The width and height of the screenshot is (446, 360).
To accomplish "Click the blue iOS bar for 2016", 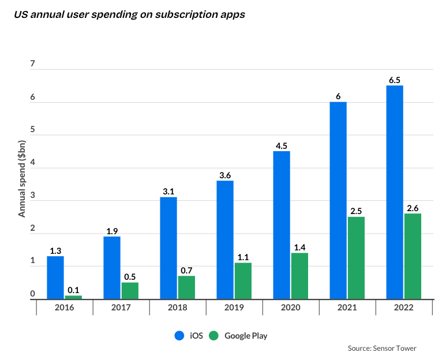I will coord(55,277).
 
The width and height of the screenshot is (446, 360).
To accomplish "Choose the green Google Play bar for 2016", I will coord(73,297).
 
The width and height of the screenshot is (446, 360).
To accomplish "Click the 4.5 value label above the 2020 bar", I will coord(282,146).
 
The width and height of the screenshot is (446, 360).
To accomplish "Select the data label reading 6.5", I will coord(395,81).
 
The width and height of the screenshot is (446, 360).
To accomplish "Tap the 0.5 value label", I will coord(130,277).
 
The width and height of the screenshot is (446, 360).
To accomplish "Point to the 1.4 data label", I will coord(299,247).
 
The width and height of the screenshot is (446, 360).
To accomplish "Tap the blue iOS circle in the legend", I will coord(178,335).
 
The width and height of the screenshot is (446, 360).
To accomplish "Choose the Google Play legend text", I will coord(246,335).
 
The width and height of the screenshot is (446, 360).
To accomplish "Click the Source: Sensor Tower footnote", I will coord(382,348).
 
